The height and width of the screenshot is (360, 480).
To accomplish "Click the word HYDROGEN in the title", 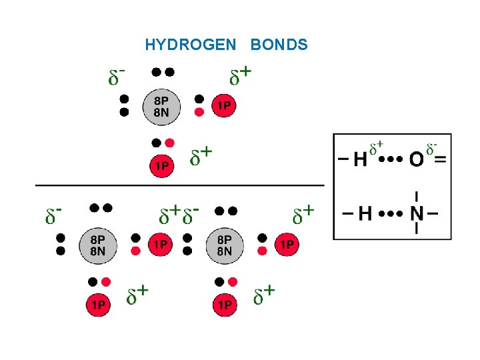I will coord(191,45).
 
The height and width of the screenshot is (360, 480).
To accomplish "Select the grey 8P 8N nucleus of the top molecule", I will coord(161,106).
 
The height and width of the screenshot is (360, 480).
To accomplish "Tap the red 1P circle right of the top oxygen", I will coord(224,105).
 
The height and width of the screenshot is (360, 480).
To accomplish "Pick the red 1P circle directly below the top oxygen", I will coord(161,165).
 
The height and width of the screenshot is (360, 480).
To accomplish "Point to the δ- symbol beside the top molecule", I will coord(117,77).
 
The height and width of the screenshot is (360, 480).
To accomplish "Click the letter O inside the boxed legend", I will coord(416,159).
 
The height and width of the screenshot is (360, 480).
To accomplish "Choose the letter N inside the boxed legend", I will coord(417,214).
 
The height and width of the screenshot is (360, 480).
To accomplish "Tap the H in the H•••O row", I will coord(360,160).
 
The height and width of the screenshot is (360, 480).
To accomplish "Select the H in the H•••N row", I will coord(365,214).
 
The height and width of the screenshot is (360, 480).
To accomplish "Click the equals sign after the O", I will coord(440,159).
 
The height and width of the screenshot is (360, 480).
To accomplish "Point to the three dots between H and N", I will coord(391,214).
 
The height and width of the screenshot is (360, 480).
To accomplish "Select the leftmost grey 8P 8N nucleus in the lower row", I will coord(97,245).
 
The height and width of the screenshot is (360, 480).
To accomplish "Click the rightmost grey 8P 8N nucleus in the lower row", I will coord(225,245).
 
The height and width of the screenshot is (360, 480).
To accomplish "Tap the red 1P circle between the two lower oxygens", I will coord(161,245).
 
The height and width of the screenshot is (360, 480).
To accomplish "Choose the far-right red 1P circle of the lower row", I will coord(287,245).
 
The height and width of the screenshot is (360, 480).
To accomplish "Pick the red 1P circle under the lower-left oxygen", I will coord(97,305).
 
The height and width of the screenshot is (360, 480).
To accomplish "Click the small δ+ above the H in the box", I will coord(377,145).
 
